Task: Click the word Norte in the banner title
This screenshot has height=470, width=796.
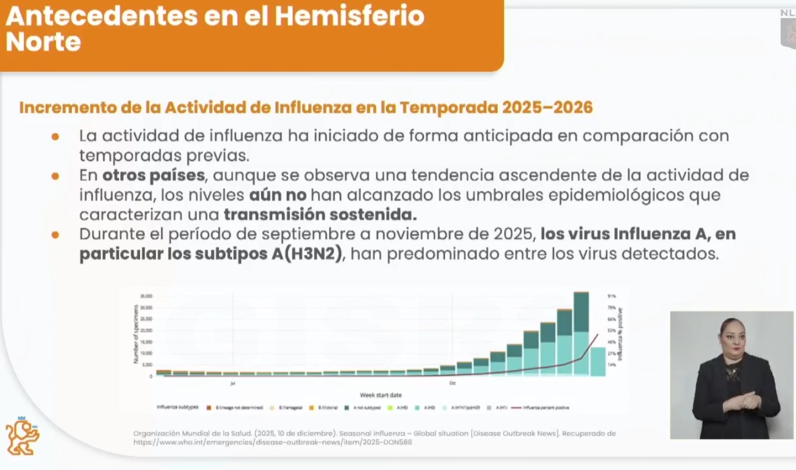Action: (43, 42)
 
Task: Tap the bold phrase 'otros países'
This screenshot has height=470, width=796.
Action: (154, 175)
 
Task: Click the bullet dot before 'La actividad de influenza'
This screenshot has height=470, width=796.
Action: (55, 136)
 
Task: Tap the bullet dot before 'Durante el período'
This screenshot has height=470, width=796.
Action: (55, 235)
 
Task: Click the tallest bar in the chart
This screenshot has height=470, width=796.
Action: (581, 333)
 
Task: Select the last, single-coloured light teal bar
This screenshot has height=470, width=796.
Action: (597, 361)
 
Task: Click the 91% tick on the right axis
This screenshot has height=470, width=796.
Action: (611, 296)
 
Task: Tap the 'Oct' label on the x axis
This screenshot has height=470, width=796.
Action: (453, 383)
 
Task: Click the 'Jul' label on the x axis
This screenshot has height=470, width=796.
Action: (232, 383)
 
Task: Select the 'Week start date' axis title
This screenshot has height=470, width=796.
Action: (380, 395)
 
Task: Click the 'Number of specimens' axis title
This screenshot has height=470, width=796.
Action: (136, 334)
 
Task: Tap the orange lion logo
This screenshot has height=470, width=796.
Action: (22, 436)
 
